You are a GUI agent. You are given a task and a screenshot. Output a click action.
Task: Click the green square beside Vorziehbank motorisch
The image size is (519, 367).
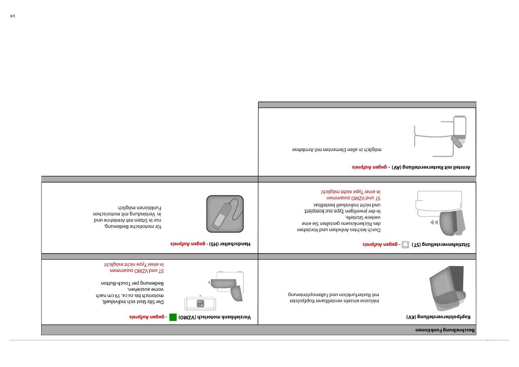pyautogui.click(x=173, y=317)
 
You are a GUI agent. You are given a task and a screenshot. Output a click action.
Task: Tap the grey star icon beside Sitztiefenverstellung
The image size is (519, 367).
pyautogui.click(x=405, y=244)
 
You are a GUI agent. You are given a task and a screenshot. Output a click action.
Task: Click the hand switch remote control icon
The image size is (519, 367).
pyautogui.click(x=225, y=214)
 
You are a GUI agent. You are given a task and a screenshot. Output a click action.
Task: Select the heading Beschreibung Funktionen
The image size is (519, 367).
pyautogui.click(x=445, y=330)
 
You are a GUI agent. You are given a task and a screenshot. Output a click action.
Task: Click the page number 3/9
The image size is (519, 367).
pyautogui.click(x=12, y=16)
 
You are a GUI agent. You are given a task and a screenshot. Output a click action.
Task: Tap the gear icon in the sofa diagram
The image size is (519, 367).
pyautogui.click(x=200, y=304)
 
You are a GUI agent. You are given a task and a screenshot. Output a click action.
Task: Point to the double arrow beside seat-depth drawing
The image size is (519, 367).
pyautogui.click(x=434, y=222)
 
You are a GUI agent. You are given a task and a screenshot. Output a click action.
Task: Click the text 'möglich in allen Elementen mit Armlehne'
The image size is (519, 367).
pyautogui.click(x=336, y=150)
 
